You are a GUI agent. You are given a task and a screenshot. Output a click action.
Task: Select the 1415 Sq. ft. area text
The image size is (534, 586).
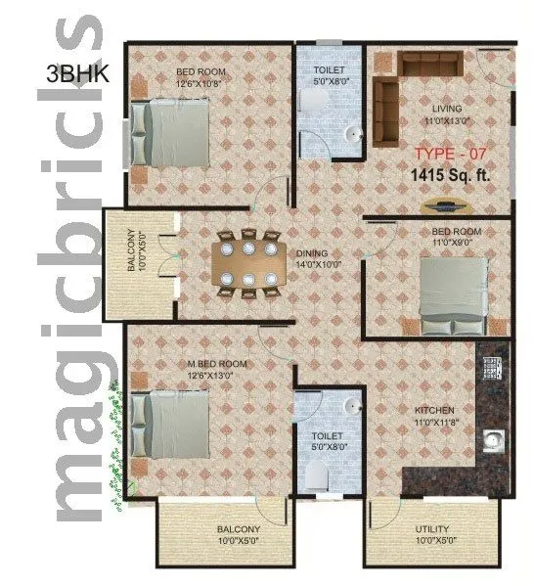(x=451, y=176)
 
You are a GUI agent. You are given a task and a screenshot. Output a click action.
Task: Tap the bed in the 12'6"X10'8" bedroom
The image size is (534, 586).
(x=171, y=132)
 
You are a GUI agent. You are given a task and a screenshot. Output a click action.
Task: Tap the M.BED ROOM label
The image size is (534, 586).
(x=217, y=363)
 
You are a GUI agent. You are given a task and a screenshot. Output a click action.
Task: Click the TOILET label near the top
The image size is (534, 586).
(x=329, y=71)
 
